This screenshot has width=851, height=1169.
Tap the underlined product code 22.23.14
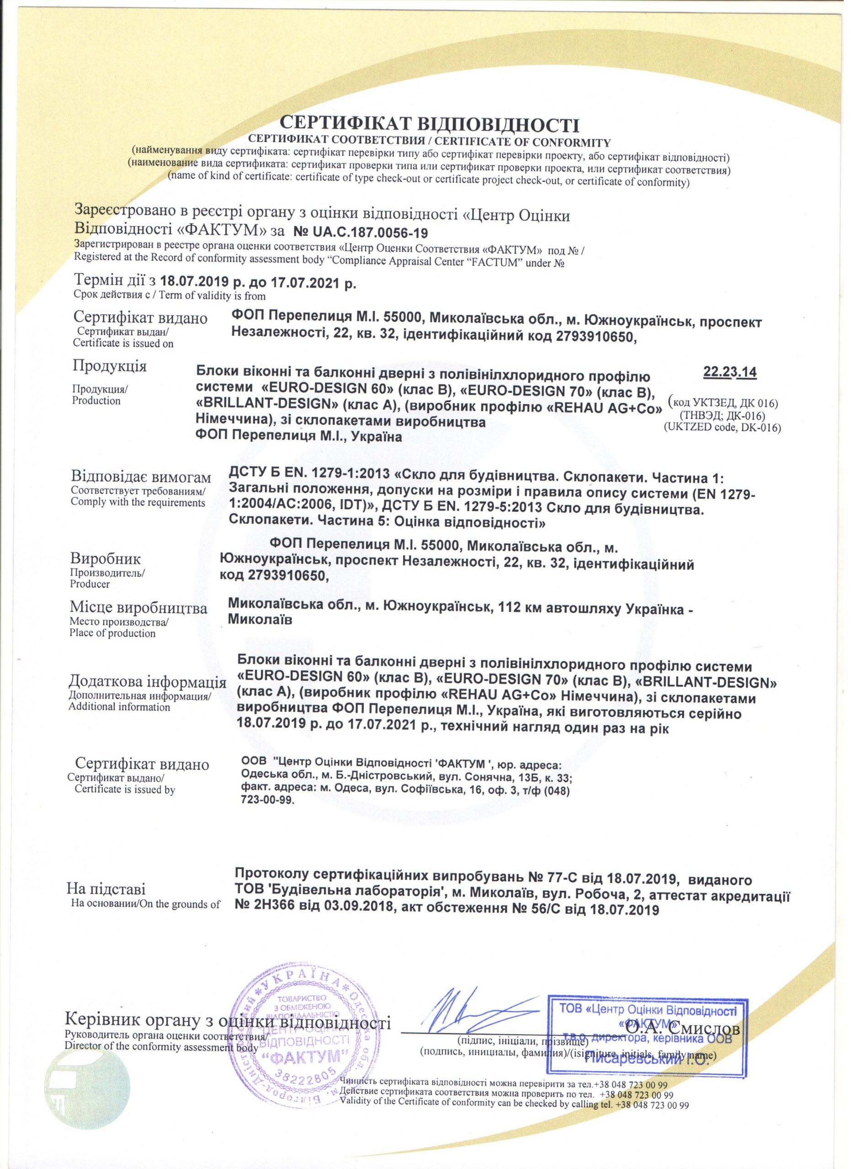point(729,372)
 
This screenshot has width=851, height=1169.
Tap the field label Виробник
point(105,559)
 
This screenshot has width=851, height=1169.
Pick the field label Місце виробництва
point(138,608)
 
